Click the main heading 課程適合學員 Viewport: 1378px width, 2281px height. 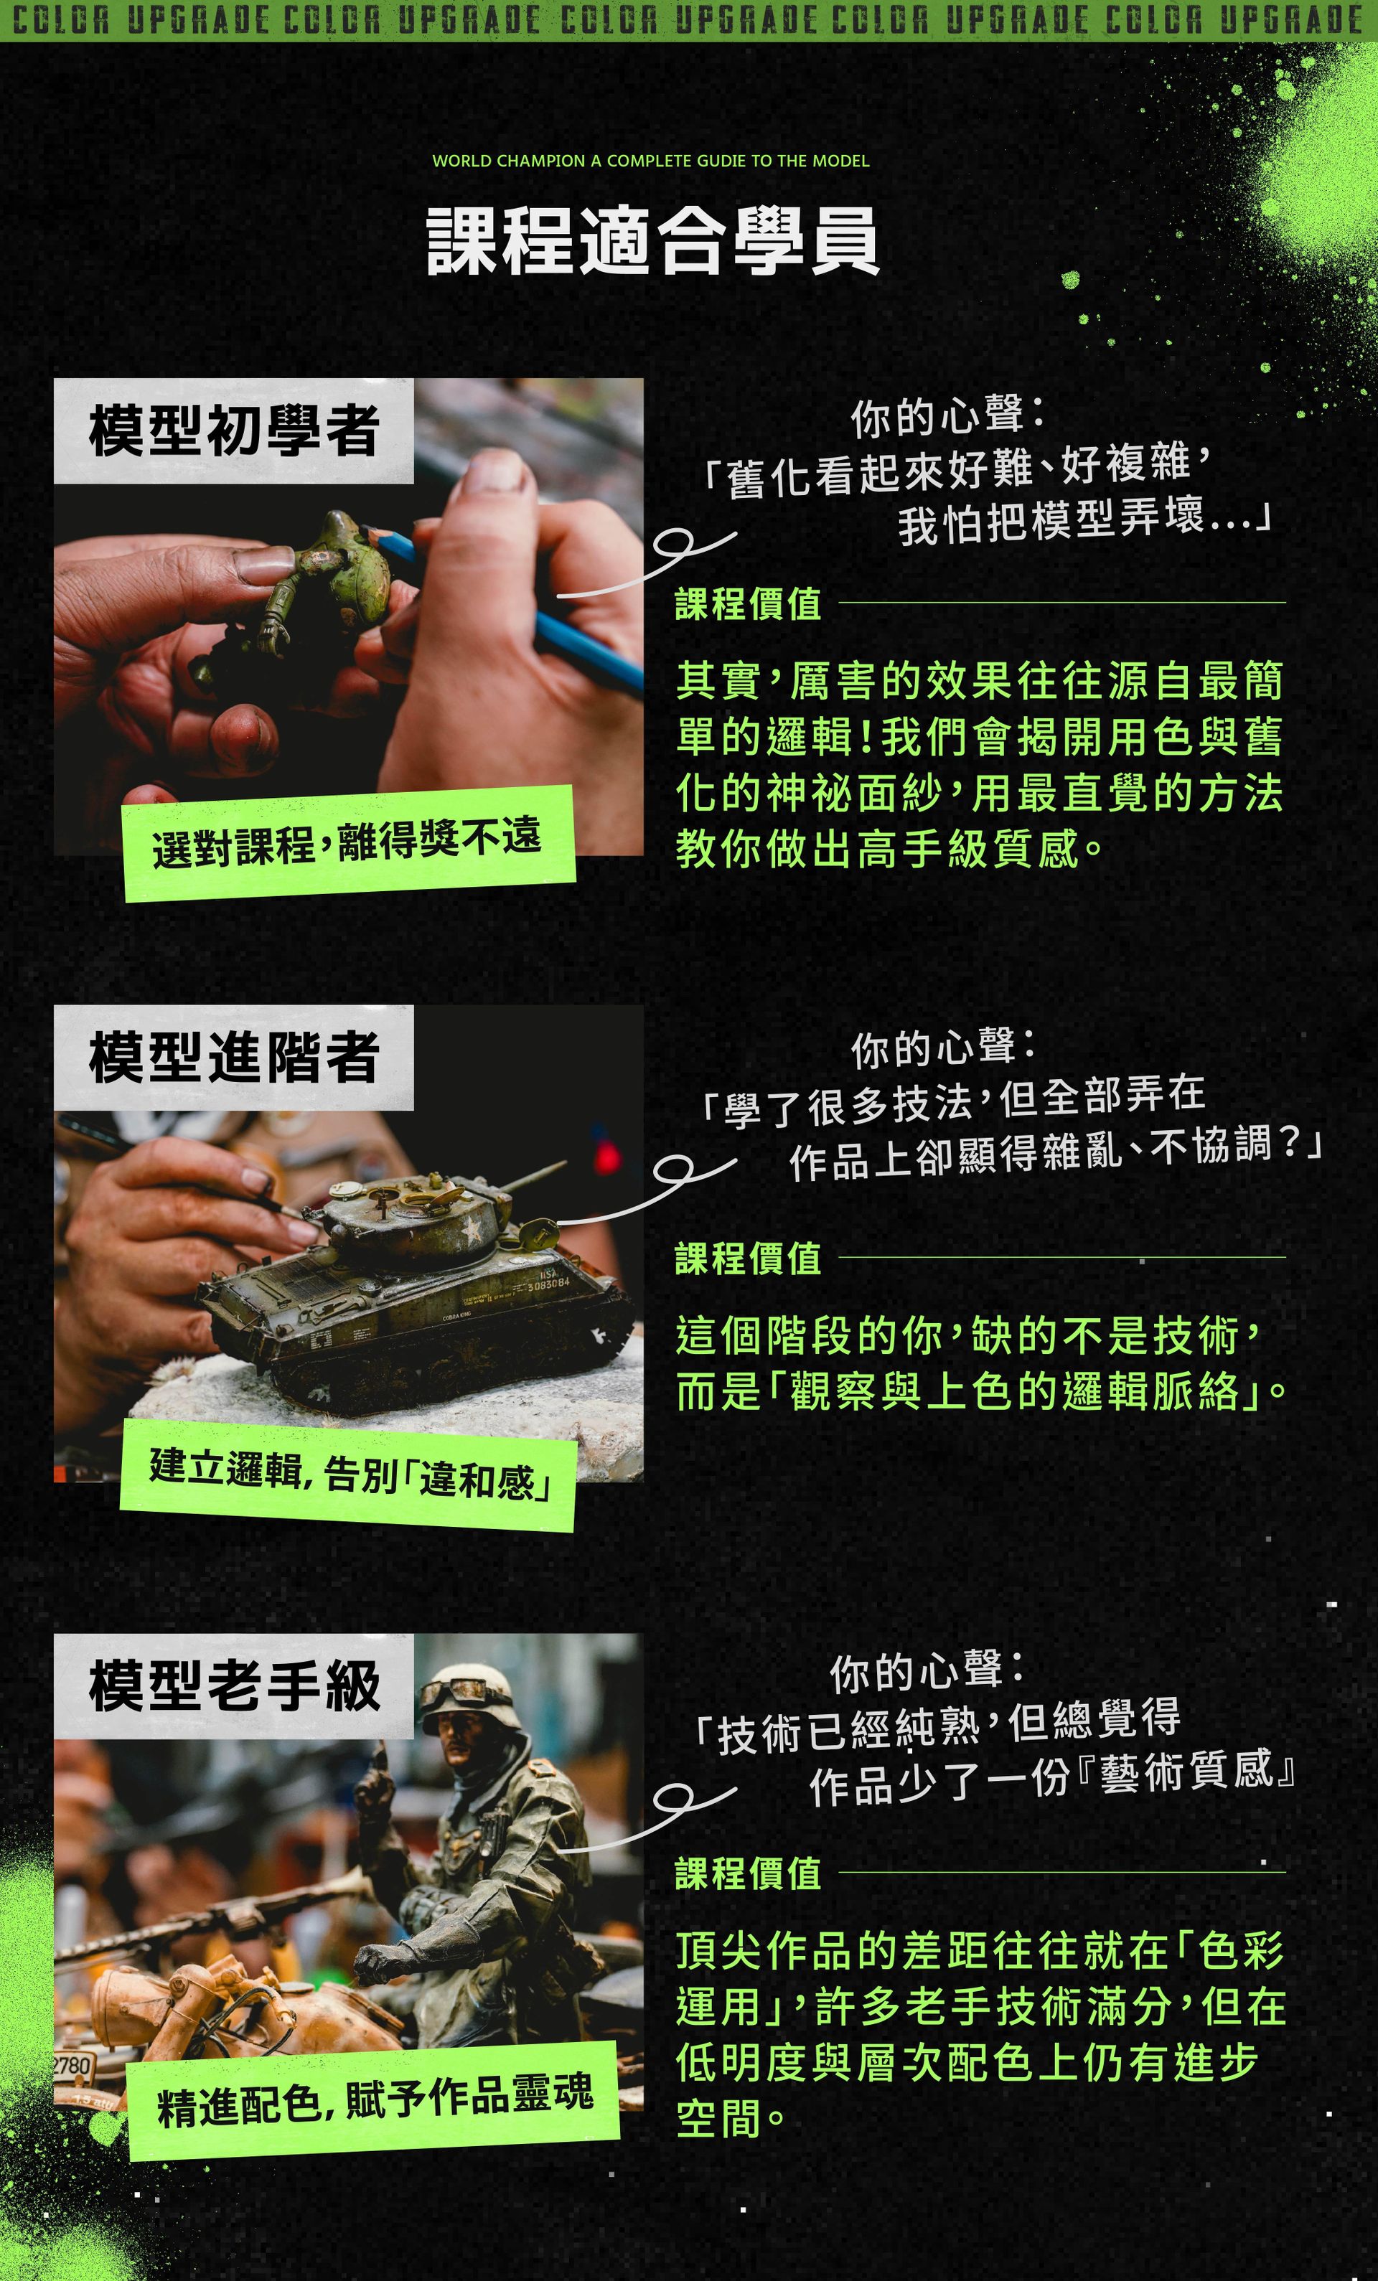tap(652, 240)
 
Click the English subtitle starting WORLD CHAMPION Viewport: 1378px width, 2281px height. tap(651, 161)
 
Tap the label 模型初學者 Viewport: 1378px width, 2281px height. tap(234, 431)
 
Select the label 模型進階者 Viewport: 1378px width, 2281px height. tap(234, 1057)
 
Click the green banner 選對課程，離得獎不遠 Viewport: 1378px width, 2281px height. tap(349, 842)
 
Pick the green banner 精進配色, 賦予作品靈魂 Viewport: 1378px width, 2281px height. tap(372, 2099)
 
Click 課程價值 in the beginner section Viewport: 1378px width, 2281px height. tap(749, 604)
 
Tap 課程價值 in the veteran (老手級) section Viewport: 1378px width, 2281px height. tap(749, 1873)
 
